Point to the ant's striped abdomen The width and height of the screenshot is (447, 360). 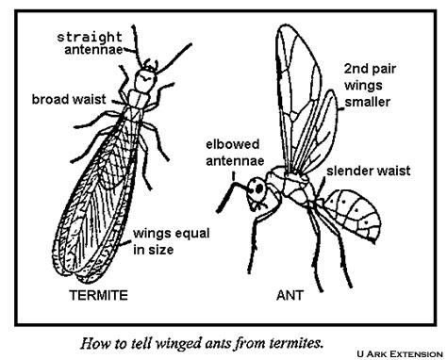pos(359,215)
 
